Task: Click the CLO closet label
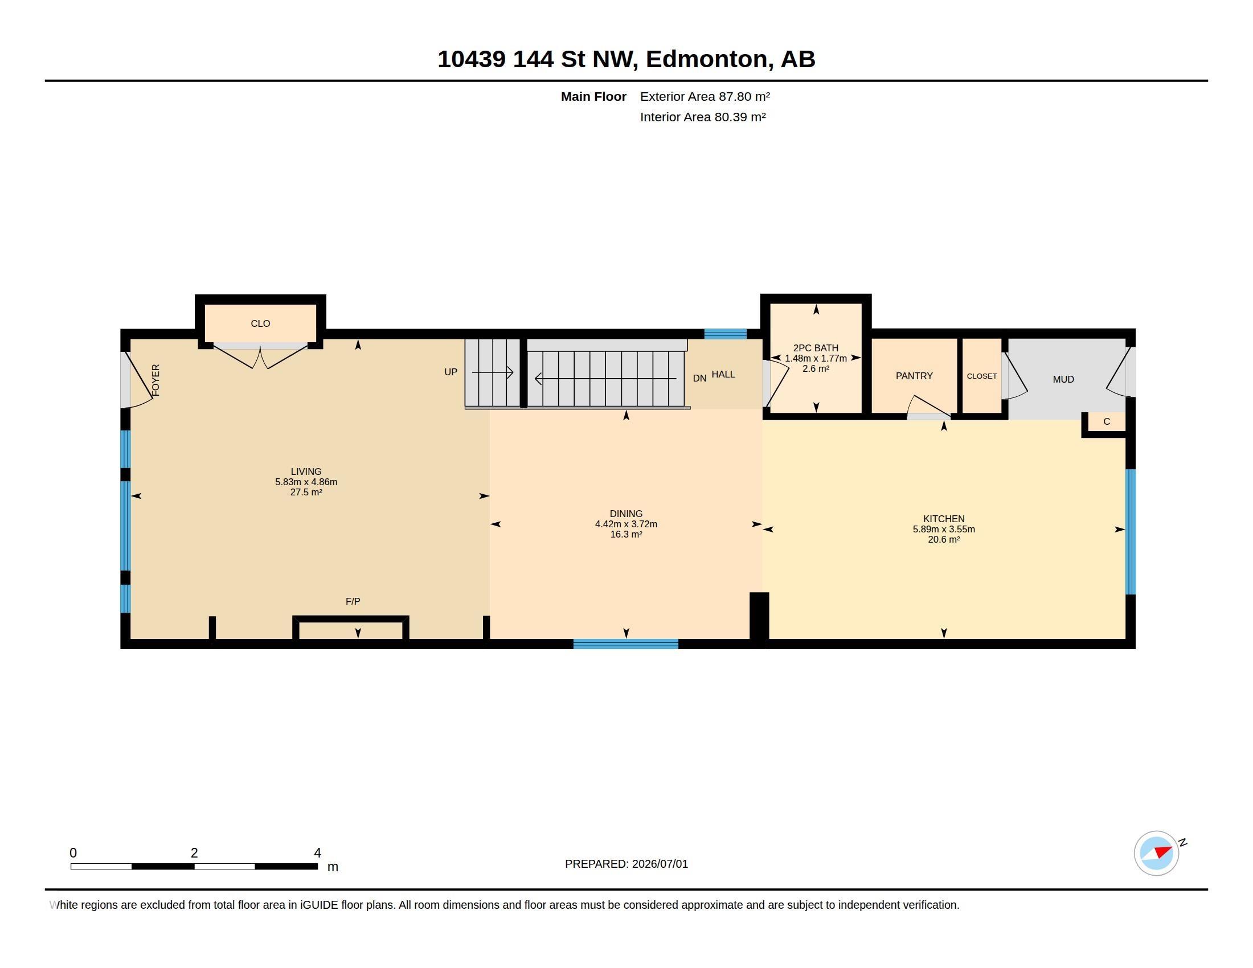tap(260, 323)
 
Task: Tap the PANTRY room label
tap(914, 376)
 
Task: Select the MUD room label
tap(1063, 379)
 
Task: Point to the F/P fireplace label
tap(353, 601)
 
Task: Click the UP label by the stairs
tap(451, 372)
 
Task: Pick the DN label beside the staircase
tap(699, 379)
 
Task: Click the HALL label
tap(723, 374)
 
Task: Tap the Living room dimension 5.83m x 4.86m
tap(306, 482)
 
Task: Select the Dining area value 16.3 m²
tap(626, 535)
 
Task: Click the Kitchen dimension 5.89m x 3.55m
tap(944, 530)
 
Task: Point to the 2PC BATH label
tap(815, 348)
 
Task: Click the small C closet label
tap(1107, 421)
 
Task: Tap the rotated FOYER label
tap(155, 380)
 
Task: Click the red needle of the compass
tap(1163, 852)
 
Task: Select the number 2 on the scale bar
tap(194, 853)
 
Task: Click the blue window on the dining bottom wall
tap(626, 644)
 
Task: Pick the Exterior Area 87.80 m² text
tap(705, 96)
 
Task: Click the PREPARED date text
tap(626, 864)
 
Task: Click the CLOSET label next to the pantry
tap(982, 376)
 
